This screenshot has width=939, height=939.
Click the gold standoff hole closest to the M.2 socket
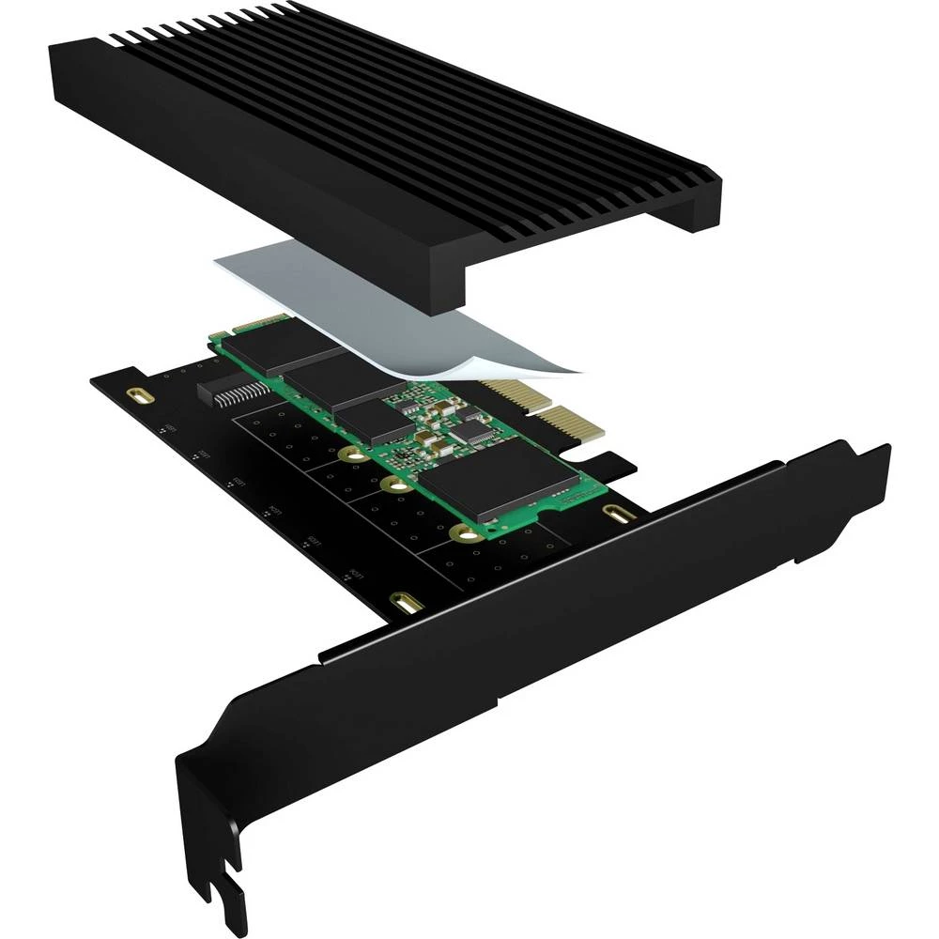[354, 455]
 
